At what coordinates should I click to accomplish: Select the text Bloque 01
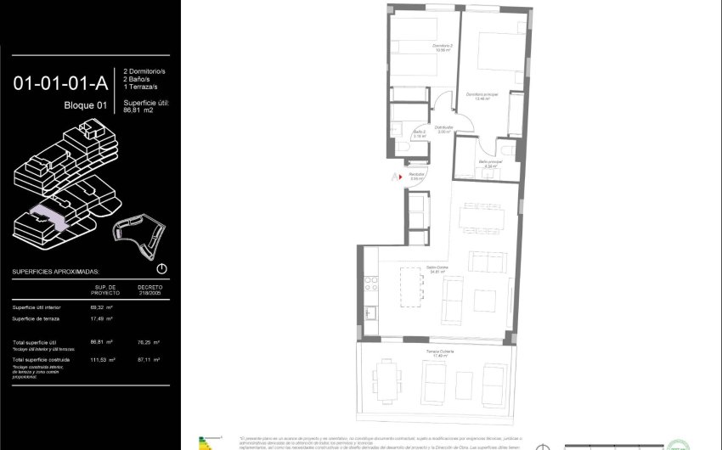coord(86,105)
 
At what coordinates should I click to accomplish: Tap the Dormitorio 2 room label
coord(419,48)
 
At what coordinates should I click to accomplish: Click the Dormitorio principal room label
coord(482,95)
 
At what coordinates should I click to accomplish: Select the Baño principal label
coord(490,163)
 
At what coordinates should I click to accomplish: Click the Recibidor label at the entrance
coord(416,177)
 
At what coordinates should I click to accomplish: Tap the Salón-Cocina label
coord(438,269)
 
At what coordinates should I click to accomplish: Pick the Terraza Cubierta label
coord(440,353)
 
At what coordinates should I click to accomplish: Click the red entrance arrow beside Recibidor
coord(395,177)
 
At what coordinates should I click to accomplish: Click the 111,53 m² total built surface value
coord(101,361)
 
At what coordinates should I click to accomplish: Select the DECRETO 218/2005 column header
coord(149,290)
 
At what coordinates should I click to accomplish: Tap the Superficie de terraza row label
coord(36,318)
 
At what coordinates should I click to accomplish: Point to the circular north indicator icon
coord(161,268)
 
